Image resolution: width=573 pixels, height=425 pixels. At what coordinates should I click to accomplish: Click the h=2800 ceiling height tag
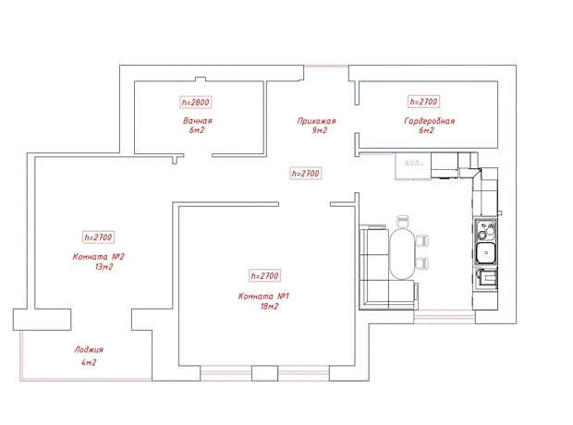click(x=196, y=102)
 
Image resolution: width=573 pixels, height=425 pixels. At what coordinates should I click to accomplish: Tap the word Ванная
click(x=198, y=121)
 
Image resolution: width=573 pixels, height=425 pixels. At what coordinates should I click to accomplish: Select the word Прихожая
click(x=316, y=121)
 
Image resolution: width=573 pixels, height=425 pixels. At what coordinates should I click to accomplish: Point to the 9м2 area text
click(x=320, y=130)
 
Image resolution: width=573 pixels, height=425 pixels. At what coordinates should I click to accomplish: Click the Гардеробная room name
click(x=430, y=121)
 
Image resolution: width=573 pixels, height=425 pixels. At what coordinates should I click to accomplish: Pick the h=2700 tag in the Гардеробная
click(x=423, y=102)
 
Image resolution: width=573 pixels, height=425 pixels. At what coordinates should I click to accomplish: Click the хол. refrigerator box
click(x=413, y=166)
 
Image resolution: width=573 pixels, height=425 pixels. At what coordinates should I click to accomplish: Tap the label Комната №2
click(x=99, y=257)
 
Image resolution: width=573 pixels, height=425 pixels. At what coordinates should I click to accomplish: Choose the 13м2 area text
click(x=104, y=267)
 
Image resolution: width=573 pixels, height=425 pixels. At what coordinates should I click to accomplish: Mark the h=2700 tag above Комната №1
click(x=265, y=275)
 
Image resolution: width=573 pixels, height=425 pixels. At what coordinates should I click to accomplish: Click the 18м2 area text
click(x=270, y=306)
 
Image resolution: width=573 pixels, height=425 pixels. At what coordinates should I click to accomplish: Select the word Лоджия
click(x=89, y=350)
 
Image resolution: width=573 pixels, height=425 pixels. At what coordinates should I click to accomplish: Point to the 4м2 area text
click(x=89, y=362)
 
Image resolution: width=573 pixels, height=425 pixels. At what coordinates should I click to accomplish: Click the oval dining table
click(x=403, y=254)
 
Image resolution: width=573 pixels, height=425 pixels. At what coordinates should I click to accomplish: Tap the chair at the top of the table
click(x=403, y=222)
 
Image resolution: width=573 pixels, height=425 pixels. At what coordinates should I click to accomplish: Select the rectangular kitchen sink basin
click(x=486, y=252)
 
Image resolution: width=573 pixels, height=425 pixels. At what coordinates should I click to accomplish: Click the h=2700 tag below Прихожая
click(x=306, y=173)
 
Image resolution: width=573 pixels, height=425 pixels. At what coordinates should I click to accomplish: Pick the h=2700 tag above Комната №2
click(x=98, y=237)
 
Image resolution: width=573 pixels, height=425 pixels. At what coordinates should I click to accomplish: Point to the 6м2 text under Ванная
click(x=197, y=130)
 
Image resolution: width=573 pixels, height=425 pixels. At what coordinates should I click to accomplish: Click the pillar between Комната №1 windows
click(x=265, y=373)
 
